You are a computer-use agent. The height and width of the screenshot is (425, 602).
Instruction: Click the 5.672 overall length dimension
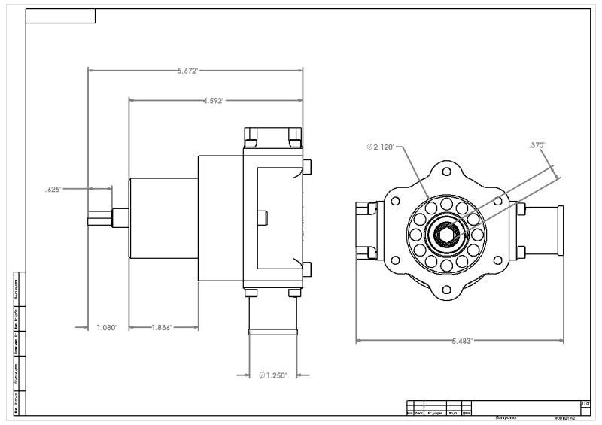(x=187, y=71)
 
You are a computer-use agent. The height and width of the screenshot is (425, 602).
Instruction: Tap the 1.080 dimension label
(x=107, y=327)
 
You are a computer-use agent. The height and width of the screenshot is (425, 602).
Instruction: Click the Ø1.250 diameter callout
(x=272, y=375)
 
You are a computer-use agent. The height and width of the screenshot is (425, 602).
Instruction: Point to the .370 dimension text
(x=537, y=145)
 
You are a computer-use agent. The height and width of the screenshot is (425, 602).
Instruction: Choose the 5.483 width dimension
(x=461, y=341)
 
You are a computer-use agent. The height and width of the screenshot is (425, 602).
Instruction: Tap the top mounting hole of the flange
(x=446, y=172)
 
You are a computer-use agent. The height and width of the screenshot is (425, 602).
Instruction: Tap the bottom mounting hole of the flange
(x=446, y=290)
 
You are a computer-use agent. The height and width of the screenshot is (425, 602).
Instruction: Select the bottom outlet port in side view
(x=272, y=316)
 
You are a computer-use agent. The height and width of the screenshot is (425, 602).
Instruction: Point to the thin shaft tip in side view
(x=100, y=217)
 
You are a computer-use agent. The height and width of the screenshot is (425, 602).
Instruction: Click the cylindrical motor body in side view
(x=163, y=218)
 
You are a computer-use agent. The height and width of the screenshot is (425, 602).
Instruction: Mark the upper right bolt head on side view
(x=307, y=166)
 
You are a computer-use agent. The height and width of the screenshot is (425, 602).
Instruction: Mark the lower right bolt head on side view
(x=307, y=269)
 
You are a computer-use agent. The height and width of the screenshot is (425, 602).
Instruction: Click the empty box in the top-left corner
(x=60, y=16)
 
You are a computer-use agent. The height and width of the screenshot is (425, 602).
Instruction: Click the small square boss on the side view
(x=262, y=217)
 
